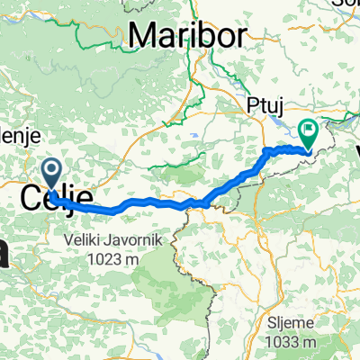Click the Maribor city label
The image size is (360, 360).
tap(186, 35)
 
